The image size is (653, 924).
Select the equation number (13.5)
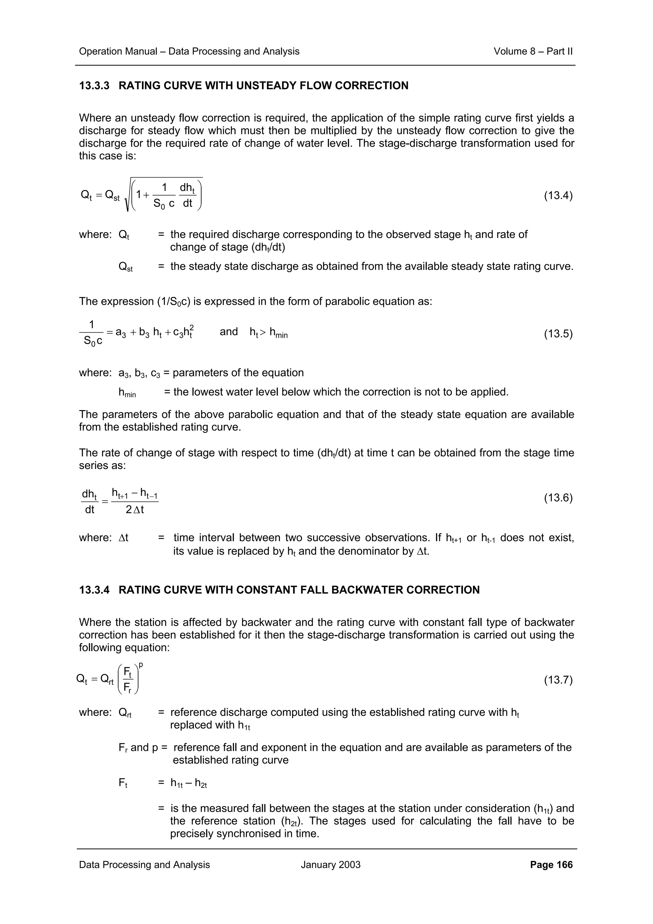coord(558,334)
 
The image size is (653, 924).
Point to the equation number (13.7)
coord(558,680)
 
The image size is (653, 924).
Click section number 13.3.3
coord(94,86)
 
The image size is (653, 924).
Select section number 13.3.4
coord(94,590)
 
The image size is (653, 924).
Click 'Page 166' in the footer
coord(551,864)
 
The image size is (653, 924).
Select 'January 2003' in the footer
coord(330,864)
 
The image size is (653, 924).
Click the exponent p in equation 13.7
coord(141,665)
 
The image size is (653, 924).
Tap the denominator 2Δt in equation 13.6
coord(135,510)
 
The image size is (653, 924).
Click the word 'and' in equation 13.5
coord(229,332)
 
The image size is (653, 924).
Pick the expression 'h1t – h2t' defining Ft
coord(189,783)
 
